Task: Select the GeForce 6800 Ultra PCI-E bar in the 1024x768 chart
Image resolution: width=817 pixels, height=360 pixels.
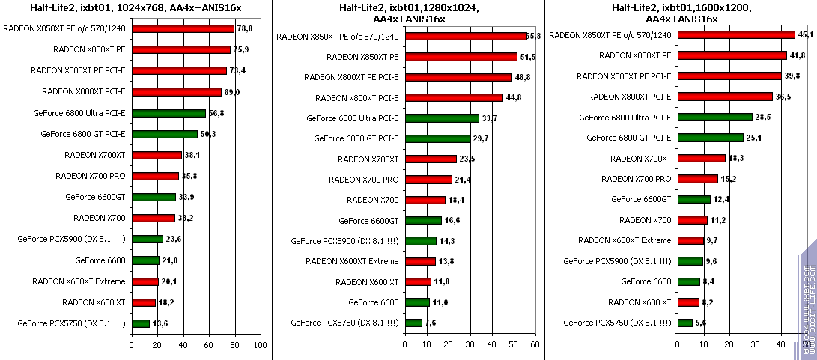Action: [168, 113]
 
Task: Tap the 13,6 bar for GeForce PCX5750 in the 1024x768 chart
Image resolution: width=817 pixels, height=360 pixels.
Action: [141, 323]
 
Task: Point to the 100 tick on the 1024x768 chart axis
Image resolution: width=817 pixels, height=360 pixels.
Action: [260, 345]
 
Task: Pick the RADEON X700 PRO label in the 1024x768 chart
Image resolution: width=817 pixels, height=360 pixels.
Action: [90, 177]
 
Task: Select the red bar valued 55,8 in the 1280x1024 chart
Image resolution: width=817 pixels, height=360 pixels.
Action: [466, 36]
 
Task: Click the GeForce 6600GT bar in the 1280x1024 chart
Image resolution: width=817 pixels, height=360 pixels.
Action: [423, 221]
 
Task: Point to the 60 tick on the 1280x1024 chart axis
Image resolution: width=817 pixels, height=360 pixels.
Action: [534, 345]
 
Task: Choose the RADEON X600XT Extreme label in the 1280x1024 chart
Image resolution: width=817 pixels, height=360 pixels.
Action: [352, 261]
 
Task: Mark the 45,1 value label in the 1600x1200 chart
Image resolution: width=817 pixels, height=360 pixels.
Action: [805, 34]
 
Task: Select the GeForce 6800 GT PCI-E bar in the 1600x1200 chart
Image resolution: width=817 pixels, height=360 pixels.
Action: [710, 138]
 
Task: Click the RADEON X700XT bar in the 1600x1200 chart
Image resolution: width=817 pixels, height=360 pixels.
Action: [702, 158]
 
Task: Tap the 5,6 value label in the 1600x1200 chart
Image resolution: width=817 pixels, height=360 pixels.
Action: [701, 323]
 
